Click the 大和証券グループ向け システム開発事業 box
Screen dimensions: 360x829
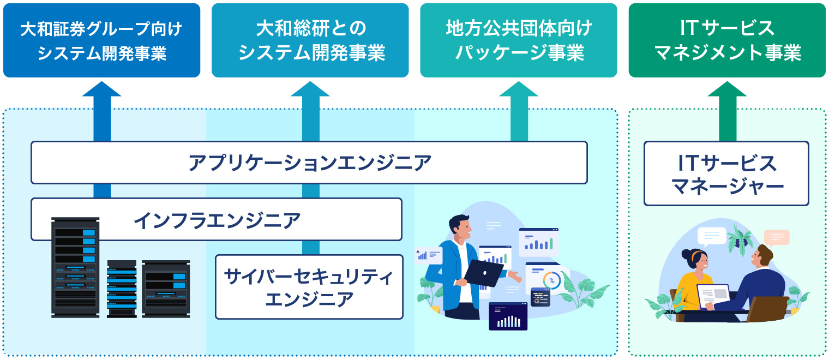click(x=101, y=40)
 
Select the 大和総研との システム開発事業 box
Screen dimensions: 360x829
click(x=310, y=40)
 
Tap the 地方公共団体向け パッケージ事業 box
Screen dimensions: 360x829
click(x=518, y=40)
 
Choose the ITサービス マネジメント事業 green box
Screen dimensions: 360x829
click(x=726, y=40)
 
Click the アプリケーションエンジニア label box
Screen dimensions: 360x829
click(x=309, y=163)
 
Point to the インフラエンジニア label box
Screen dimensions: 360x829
click(x=217, y=219)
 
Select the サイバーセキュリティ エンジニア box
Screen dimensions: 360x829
click(x=309, y=287)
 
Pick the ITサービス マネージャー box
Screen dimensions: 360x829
click(x=726, y=173)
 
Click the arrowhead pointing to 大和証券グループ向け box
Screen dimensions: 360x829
click(x=101, y=89)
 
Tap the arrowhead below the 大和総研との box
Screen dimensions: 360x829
click(x=310, y=89)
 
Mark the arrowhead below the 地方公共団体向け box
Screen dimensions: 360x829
click(x=518, y=89)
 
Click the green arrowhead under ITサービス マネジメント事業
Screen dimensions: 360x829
click(x=727, y=89)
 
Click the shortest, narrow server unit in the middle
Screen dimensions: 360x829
click(x=122, y=288)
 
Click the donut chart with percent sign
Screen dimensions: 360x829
click(x=551, y=280)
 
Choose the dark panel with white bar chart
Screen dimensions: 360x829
click(x=508, y=316)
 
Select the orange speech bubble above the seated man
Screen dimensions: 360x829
click(x=776, y=237)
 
